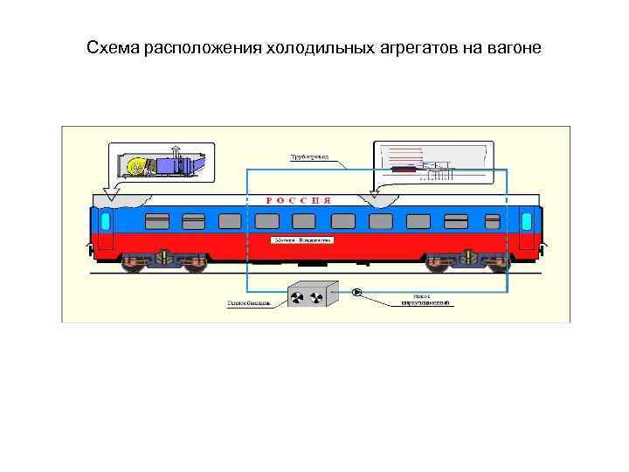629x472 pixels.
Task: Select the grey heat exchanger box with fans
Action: [314, 294]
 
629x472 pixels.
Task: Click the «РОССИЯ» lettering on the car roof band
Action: [298, 200]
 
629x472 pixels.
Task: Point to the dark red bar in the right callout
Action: [403, 170]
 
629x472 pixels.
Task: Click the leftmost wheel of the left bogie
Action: [134, 263]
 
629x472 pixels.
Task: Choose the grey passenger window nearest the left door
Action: [157, 219]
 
